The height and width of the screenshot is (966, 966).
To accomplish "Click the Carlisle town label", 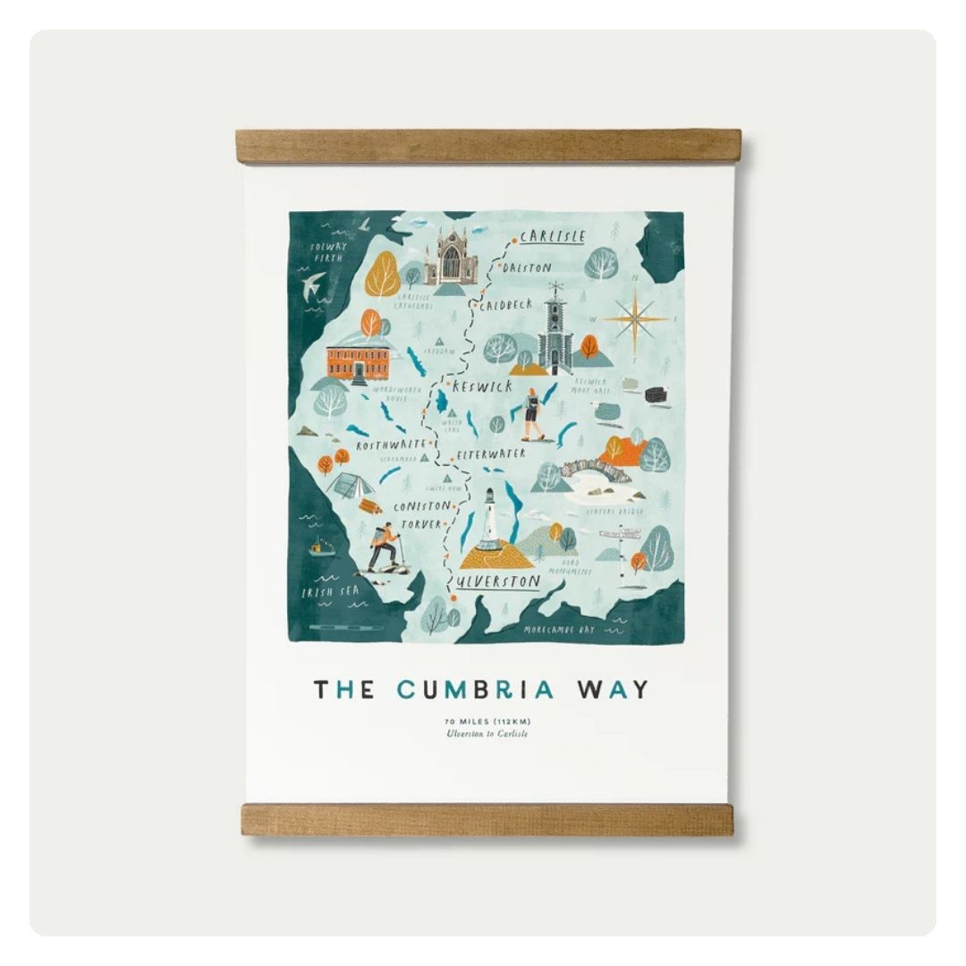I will [x=552, y=237].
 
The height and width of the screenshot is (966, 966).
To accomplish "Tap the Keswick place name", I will [x=482, y=386].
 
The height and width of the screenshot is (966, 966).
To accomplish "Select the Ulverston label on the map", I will [x=497, y=582].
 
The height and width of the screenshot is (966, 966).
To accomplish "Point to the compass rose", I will [x=636, y=318].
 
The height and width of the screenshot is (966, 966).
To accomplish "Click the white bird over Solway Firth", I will [x=313, y=284].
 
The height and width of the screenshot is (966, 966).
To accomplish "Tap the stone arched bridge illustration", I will [x=596, y=470].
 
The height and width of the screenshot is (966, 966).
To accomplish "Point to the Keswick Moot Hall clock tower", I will [x=555, y=331].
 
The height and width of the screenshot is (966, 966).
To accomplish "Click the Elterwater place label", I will [x=491, y=454].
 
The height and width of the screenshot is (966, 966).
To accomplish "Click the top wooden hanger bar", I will [x=488, y=147].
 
